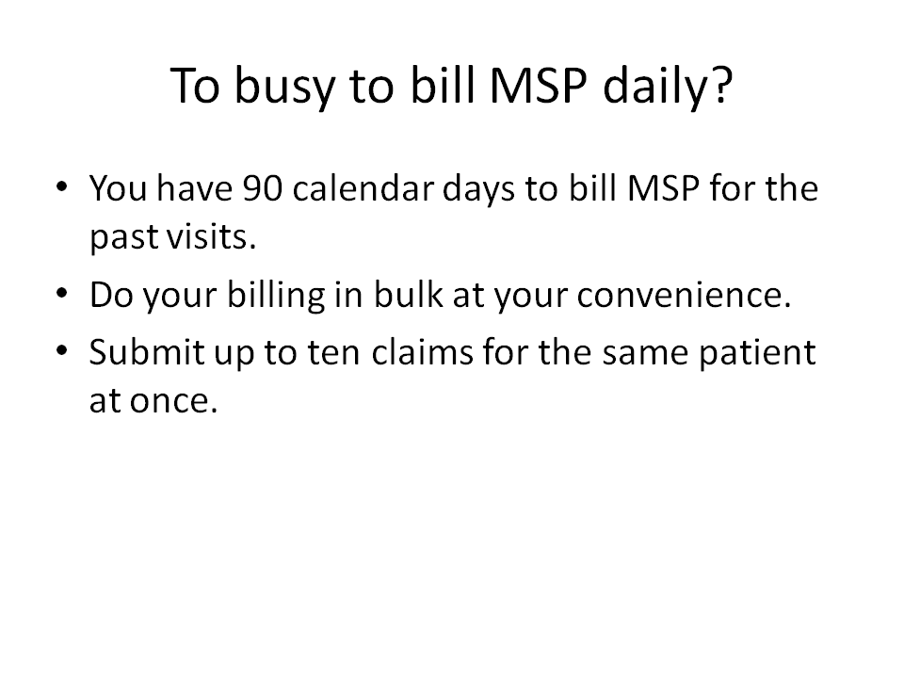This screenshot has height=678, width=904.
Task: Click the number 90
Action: pyautogui.click(x=263, y=188)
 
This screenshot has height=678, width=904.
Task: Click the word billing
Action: pyautogui.click(x=276, y=296)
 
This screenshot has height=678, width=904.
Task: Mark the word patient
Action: pyautogui.click(x=757, y=353)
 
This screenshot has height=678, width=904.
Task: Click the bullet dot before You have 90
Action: pyautogui.click(x=62, y=186)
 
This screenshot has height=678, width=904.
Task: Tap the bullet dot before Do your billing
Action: pyautogui.click(x=62, y=293)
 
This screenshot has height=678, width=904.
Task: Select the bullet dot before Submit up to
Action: pyautogui.click(x=62, y=350)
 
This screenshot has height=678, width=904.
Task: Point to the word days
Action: pyautogui.click(x=478, y=189)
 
